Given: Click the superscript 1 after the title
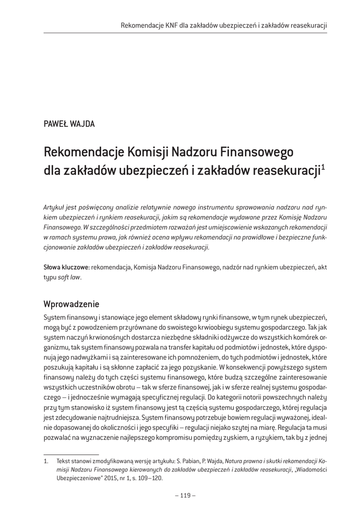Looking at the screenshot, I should pyautogui.click(x=323, y=167).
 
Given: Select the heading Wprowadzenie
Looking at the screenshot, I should pyautogui.click(x=72, y=304).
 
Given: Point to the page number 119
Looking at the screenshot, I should pyautogui.click(x=185, y=495).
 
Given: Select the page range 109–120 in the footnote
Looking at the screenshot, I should pyautogui.click(x=151, y=478).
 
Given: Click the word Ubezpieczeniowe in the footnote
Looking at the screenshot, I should pyautogui.click(x=78, y=478).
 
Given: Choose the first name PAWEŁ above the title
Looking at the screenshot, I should pyautogui.click(x=56, y=124).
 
